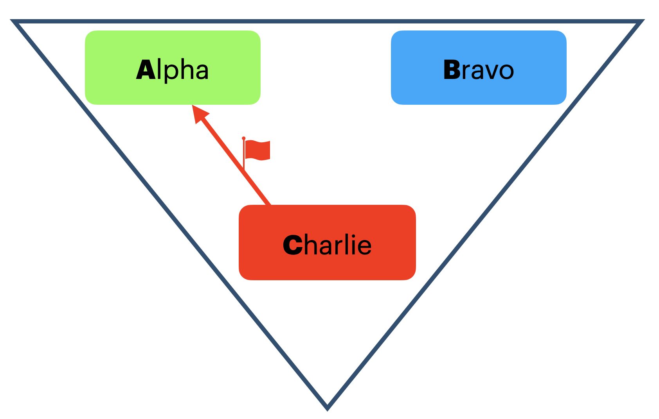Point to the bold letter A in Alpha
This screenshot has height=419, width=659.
146,70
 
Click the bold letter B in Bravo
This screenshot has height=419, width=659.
452,70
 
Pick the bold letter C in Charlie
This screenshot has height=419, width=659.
292,245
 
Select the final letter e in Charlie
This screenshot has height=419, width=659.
364,246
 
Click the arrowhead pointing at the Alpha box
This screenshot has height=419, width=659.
199,113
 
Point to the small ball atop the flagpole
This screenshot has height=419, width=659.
243,138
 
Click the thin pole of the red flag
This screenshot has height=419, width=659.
244,156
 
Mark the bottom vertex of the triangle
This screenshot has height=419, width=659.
327,408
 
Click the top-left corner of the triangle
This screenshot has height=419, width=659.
14,22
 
